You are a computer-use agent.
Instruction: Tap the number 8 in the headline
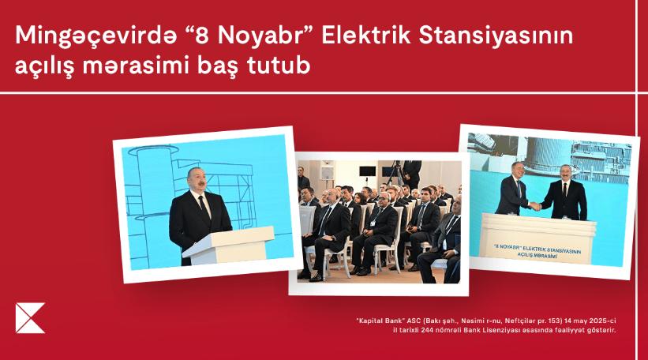(x=201, y=36)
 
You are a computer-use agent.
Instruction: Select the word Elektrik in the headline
(x=365, y=36)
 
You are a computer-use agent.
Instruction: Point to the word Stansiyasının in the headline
(x=496, y=36)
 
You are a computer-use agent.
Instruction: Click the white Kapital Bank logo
(x=30, y=318)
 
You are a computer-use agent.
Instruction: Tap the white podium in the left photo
(x=228, y=245)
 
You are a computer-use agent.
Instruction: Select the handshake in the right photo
(x=535, y=206)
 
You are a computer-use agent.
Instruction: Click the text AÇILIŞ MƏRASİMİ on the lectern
(x=537, y=255)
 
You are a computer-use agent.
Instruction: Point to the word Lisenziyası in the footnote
(x=500, y=331)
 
